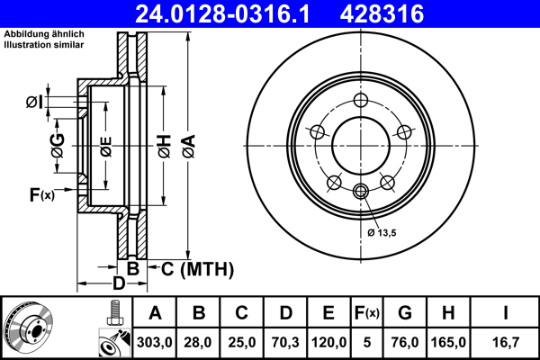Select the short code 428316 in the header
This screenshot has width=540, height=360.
[404, 13]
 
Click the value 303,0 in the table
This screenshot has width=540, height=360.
[155, 343]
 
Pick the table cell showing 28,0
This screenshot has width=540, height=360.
[199, 343]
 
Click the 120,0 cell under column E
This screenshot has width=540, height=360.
[329, 343]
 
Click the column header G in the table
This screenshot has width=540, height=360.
[404, 313]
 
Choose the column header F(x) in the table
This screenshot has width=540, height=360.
[366, 313]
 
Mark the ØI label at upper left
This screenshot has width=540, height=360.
[34, 101]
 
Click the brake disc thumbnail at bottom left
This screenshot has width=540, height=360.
[29, 328]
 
